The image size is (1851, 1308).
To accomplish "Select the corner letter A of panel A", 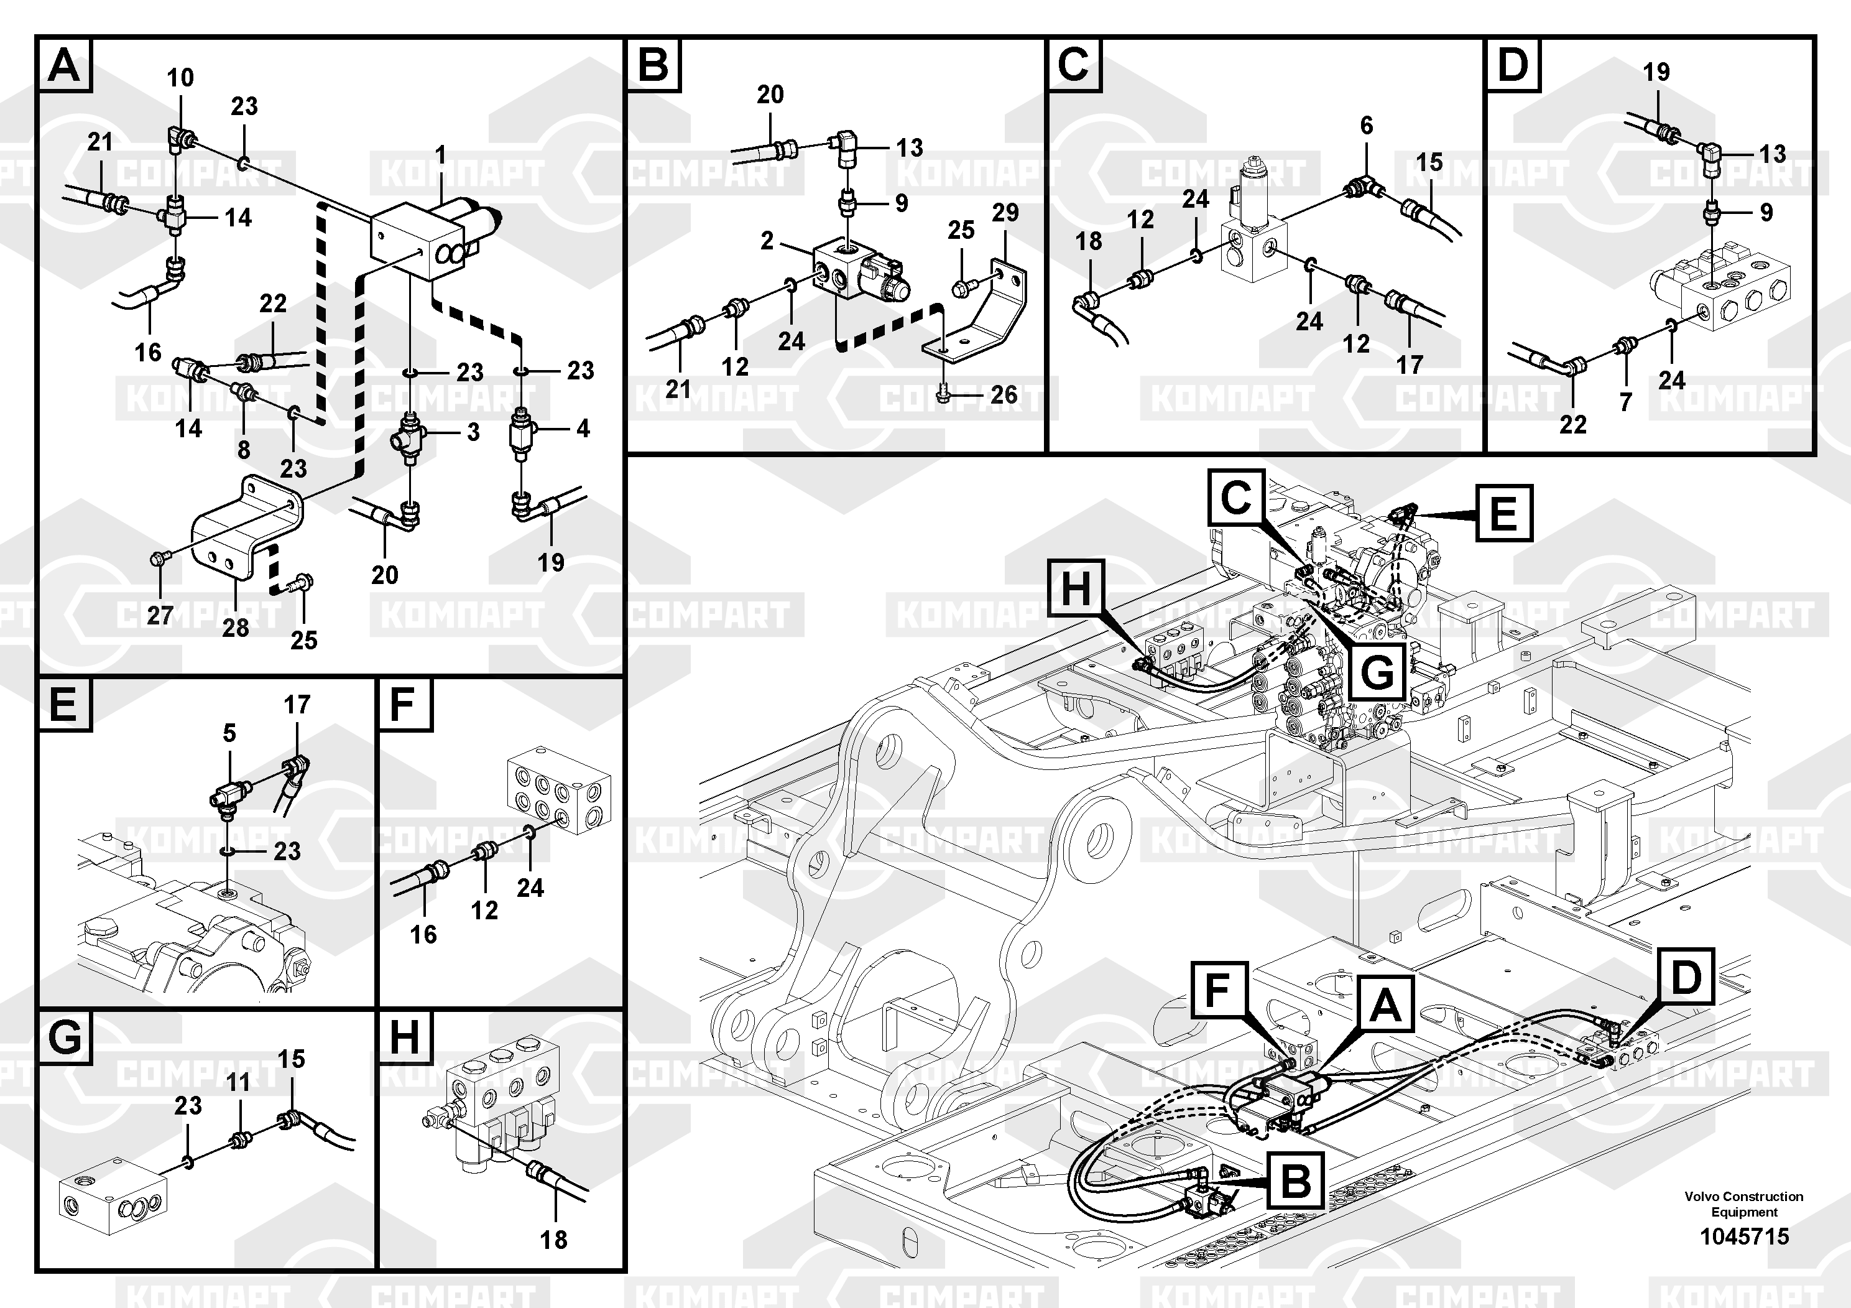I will coord(65,65).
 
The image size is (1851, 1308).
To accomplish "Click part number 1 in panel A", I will coord(440,153).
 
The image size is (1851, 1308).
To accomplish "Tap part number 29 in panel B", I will coord(1005,213).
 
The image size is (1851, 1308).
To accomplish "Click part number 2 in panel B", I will coord(767,239).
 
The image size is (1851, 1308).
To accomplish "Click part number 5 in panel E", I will coord(230,733).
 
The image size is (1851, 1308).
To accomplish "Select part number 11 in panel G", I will coord(239,1082).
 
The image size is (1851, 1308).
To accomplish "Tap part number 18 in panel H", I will coord(554,1240).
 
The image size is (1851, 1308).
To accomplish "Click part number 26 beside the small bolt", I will coord(1004,394).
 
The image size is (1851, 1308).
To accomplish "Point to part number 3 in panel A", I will coord(473,432).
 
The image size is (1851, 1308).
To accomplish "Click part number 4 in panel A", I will coord(583,428).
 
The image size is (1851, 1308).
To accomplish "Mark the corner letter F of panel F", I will coord(402,705).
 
